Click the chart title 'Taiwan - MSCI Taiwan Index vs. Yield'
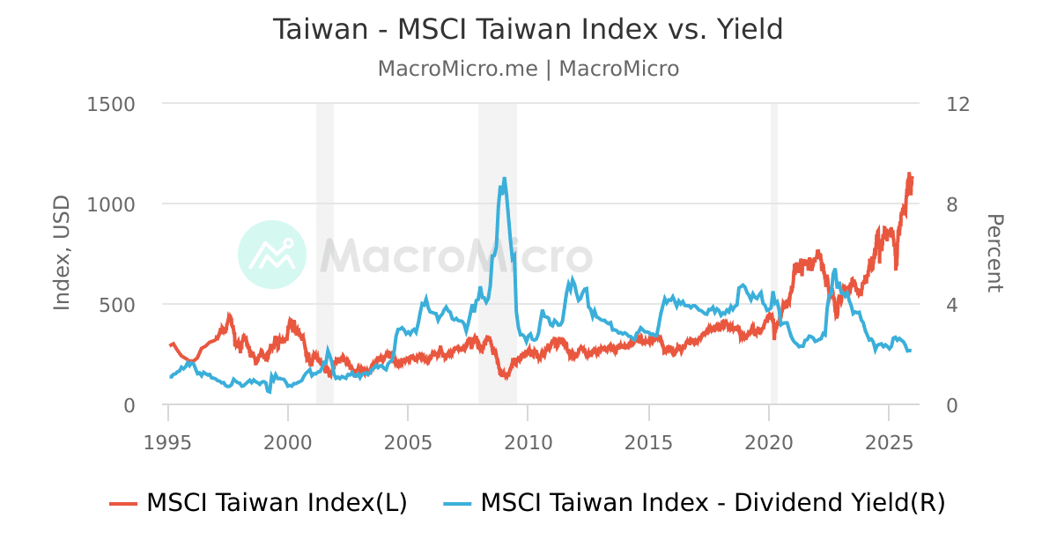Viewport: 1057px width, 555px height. (x=528, y=30)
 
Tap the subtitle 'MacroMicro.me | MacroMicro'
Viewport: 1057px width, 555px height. (x=528, y=69)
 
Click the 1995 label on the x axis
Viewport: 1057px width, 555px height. (x=167, y=441)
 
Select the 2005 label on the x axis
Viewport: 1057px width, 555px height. (x=408, y=441)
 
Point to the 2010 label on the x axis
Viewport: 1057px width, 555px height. (x=528, y=441)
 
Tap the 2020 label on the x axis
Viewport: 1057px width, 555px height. (x=769, y=441)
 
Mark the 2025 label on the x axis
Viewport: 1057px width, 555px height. (x=889, y=441)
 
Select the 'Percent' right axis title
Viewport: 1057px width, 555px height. (x=994, y=254)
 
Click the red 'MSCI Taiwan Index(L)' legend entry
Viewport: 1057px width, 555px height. (x=258, y=503)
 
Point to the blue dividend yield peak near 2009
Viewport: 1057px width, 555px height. (x=504, y=179)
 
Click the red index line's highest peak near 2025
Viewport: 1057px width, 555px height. (x=909, y=174)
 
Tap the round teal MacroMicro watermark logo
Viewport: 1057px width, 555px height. (x=272, y=255)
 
